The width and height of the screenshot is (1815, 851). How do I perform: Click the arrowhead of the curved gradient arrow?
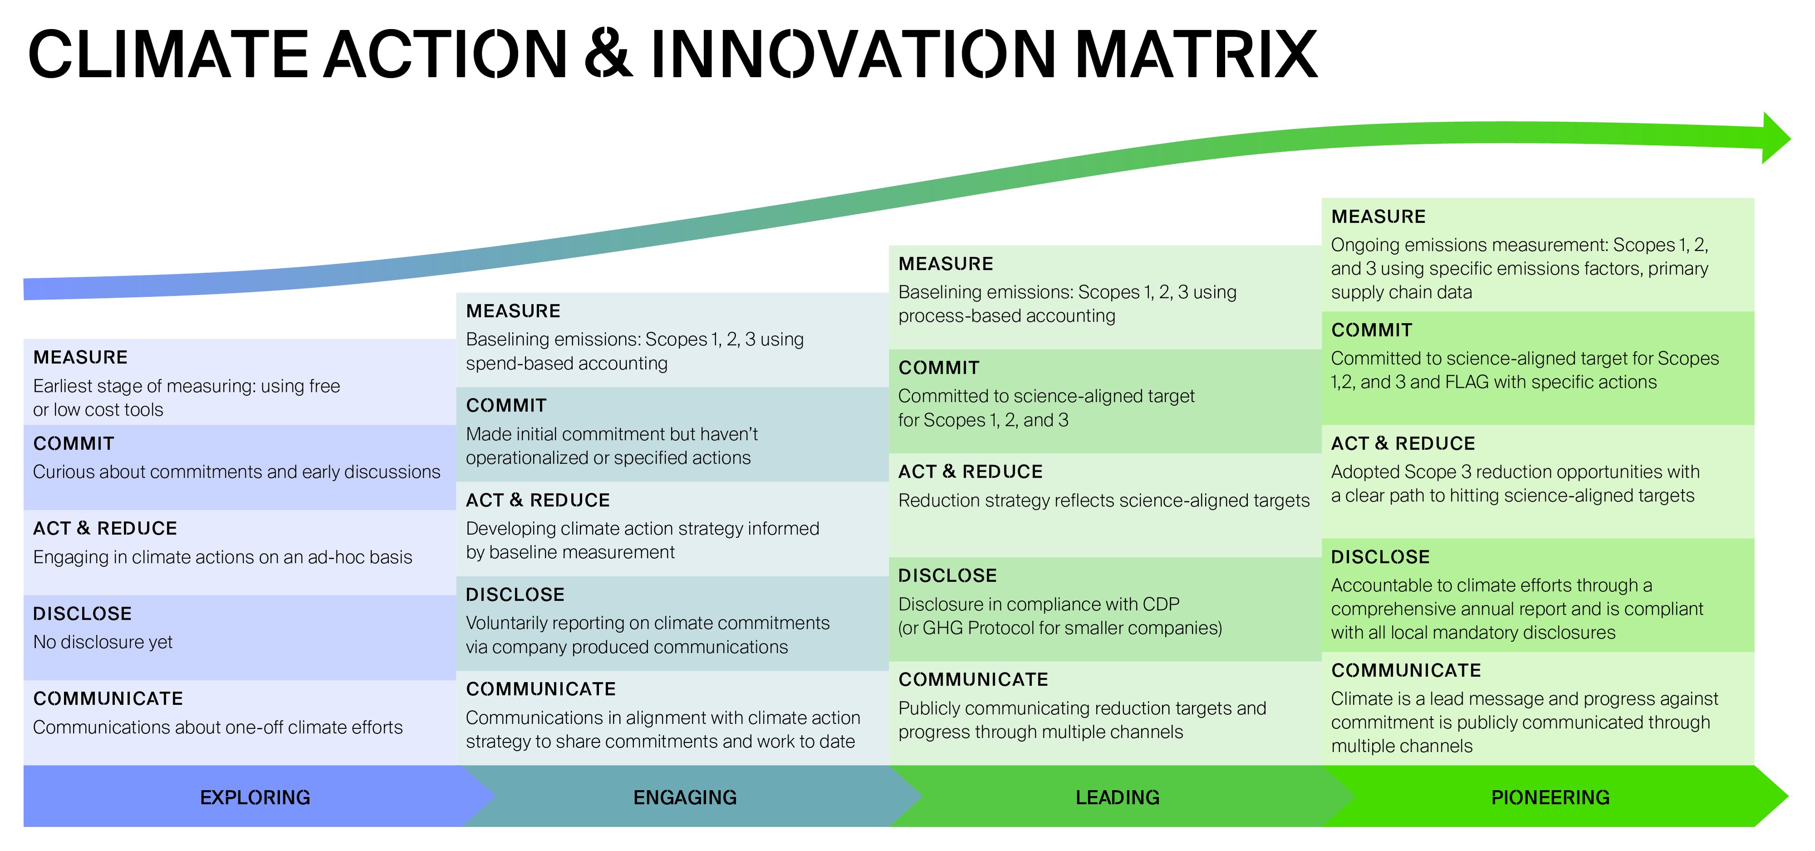(x=1774, y=138)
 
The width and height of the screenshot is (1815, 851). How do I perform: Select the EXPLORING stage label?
(x=255, y=797)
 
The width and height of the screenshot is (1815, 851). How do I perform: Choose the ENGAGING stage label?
(x=685, y=797)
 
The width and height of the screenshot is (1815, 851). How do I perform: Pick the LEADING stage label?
(x=1118, y=797)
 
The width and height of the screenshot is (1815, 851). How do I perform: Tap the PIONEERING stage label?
(x=1550, y=797)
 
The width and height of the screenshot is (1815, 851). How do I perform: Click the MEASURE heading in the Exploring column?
(x=80, y=357)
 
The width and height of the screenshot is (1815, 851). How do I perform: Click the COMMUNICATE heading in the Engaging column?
(x=540, y=689)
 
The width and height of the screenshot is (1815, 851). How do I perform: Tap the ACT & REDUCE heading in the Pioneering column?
(x=1403, y=443)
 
